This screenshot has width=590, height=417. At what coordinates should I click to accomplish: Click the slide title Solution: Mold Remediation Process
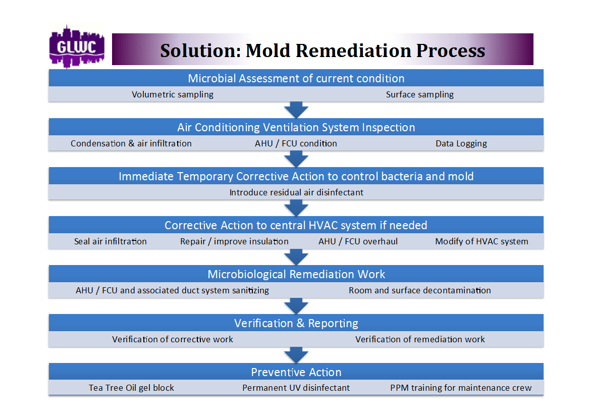click(x=323, y=50)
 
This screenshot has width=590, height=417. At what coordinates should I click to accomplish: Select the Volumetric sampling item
click(x=173, y=94)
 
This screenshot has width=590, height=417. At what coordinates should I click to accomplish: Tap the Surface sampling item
click(x=419, y=94)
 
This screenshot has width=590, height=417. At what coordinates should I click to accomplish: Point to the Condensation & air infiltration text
click(x=131, y=143)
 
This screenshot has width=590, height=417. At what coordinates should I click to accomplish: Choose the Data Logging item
click(x=461, y=143)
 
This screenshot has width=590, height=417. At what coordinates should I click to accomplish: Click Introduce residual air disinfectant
click(x=296, y=192)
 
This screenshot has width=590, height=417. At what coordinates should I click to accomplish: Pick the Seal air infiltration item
click(x=111, y=241)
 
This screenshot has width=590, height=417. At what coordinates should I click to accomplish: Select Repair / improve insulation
click(x=234, y=241)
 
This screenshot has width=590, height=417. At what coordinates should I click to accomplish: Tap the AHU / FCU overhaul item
click(x=358, y=241)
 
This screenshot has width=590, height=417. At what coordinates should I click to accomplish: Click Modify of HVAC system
click(x=481, y=241)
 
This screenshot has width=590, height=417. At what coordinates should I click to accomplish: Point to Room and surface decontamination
click(x=419, y=290)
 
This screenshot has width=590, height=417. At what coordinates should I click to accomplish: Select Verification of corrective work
click(x=173, y=339)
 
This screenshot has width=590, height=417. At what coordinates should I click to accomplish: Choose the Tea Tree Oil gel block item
click(x=131, y=388)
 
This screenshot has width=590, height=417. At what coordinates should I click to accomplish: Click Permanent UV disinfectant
click(x=296, y=388)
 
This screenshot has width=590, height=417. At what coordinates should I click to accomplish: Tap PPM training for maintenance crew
click(x=461, y=388)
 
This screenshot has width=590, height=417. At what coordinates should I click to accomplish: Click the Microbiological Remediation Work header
click(x=296, y=274)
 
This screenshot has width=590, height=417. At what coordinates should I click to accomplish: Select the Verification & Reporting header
click(x=296, y=323)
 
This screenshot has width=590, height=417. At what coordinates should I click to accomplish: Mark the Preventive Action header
click(x=296, y=372)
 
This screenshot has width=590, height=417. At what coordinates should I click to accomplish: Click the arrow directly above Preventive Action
click(x=296, y=354)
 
